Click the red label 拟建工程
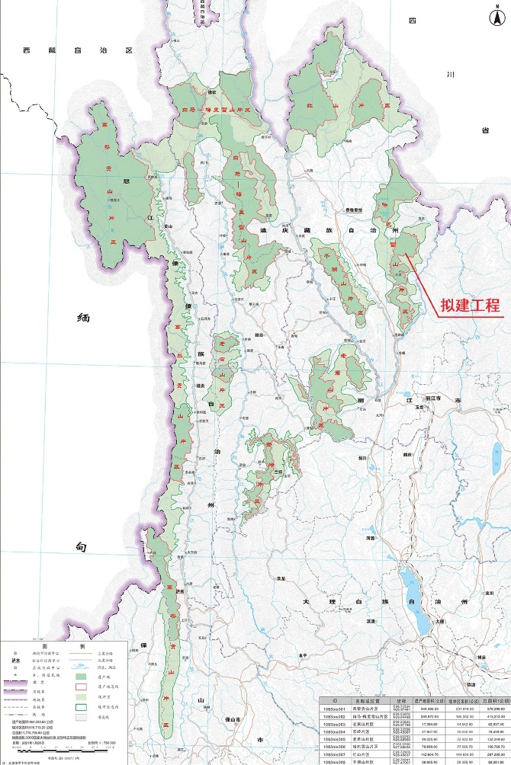tap(470, 306)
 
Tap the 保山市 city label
tap(227, 720)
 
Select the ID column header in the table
tap(334, 699)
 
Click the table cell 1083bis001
tap(334, 708)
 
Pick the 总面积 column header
tap(493, 699)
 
